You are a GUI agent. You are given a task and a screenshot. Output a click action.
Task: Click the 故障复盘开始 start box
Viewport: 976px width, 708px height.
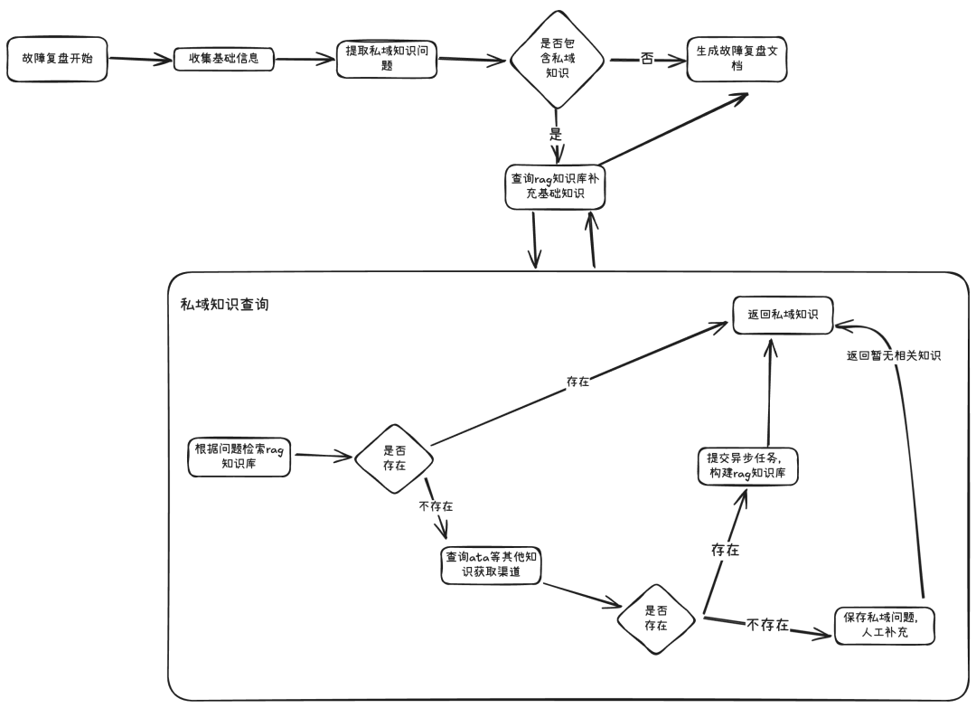coord(57,59)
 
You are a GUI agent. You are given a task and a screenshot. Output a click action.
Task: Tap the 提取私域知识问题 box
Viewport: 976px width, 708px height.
coord(387,58)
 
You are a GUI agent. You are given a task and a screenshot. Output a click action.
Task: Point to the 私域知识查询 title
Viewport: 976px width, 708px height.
coord(224,305)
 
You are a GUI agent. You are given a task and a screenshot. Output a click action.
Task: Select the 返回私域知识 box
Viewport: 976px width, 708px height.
coord(783,314)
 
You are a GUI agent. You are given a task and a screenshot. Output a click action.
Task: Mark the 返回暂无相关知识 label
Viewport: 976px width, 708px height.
coord(894,355)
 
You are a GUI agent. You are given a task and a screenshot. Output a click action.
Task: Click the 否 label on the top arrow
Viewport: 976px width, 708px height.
coord(646,60)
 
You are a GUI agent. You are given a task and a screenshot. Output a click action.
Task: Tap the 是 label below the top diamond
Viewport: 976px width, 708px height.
coord(556,134)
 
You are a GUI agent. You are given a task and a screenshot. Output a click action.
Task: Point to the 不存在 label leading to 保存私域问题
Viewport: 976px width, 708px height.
coord(767,625)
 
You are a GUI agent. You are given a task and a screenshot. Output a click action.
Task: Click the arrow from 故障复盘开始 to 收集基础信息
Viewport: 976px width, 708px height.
coord(140,61)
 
